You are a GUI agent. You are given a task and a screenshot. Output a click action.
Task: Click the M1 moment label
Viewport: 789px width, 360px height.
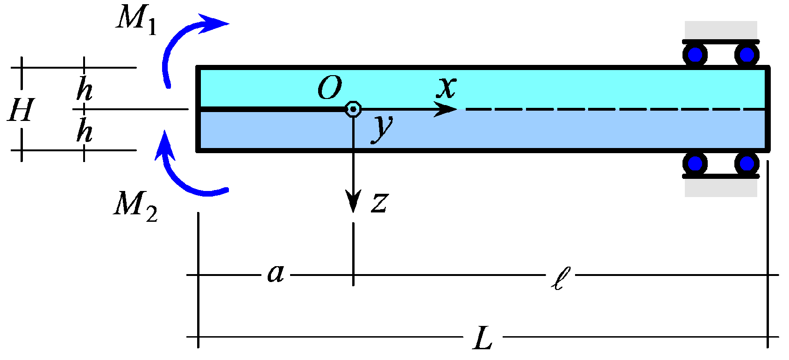[135, 20]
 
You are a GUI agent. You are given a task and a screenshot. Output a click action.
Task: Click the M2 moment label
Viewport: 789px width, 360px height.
[135, 205]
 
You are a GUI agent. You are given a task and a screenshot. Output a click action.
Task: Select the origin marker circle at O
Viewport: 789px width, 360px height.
[353, 109]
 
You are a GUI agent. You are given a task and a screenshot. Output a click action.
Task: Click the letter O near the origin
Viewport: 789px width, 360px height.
[330, 88]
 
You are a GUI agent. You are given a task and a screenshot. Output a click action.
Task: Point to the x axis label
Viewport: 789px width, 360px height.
[446, 87]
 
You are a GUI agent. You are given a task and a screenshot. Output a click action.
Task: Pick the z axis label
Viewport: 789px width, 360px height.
[380, 203]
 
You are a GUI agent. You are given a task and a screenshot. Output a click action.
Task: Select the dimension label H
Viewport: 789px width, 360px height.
[21, 110]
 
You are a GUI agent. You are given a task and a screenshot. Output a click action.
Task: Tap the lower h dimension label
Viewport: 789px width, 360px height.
[85, 130]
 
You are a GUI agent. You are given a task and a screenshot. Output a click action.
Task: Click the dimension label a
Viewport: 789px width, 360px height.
[276, 274]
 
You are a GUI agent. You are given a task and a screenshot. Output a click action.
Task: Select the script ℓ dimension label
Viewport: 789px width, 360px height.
[560, 278]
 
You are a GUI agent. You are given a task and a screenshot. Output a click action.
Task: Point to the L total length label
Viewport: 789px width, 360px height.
[483, 339]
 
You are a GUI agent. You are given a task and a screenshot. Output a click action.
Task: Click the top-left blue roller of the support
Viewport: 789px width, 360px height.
[695, 55]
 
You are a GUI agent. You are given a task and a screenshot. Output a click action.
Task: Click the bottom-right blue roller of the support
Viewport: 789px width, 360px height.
[746, 163]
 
